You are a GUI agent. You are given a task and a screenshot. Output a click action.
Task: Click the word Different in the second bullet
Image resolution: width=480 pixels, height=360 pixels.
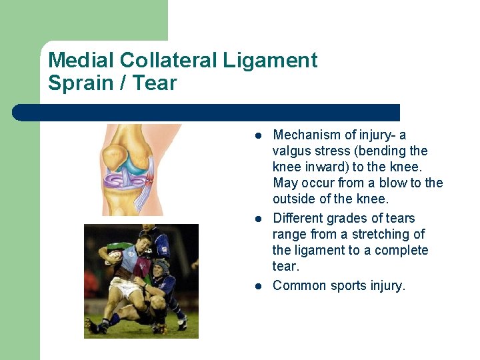[299, 218]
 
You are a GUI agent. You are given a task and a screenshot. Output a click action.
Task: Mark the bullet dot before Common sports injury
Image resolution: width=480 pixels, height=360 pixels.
[257, 286]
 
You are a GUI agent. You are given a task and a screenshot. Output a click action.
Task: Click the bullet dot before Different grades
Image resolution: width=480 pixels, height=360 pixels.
[257, 219]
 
